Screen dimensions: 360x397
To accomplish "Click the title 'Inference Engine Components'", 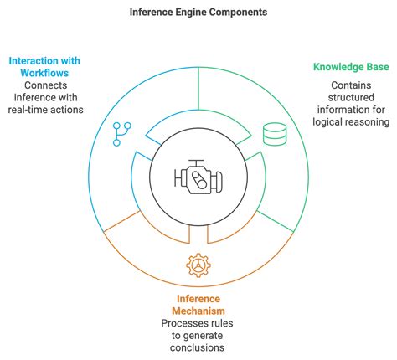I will (198, 13).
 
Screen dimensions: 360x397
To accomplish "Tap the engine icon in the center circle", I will (198, 176).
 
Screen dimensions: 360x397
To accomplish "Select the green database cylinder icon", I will (273, 134).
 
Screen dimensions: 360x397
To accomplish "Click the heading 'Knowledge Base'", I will (351, 66).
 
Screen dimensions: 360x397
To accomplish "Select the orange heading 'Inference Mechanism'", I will (198, 306).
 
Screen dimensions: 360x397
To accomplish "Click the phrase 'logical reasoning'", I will (351, 122).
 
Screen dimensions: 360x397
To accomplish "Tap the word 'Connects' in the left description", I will (47, 85).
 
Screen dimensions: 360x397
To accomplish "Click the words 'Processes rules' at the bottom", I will (198, 324).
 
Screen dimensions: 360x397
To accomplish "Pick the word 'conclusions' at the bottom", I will (198, 348).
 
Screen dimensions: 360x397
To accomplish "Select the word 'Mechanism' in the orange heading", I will (198, 311).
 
